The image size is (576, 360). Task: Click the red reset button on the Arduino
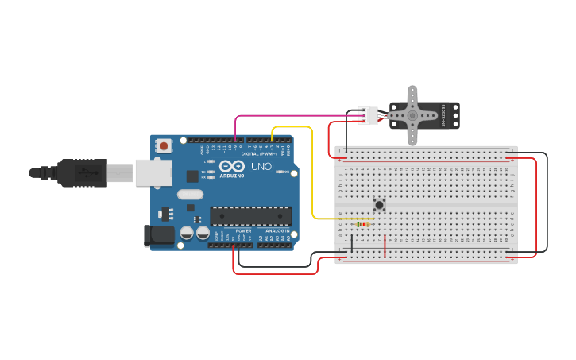coord(164,145)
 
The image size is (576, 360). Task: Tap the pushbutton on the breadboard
coord(379,204)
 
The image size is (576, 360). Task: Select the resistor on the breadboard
coord(363,224)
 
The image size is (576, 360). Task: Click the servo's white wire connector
coord(368,115)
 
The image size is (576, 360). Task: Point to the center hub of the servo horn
coord(412,115)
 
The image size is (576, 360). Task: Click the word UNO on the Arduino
coord(261,168)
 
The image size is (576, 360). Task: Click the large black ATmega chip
coord(250,215)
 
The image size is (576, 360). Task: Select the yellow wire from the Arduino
coord(313,175)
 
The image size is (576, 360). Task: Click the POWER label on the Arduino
coord(242,231)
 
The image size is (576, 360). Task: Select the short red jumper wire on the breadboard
coord(385,246)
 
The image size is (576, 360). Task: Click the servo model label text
coord(455,115)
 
